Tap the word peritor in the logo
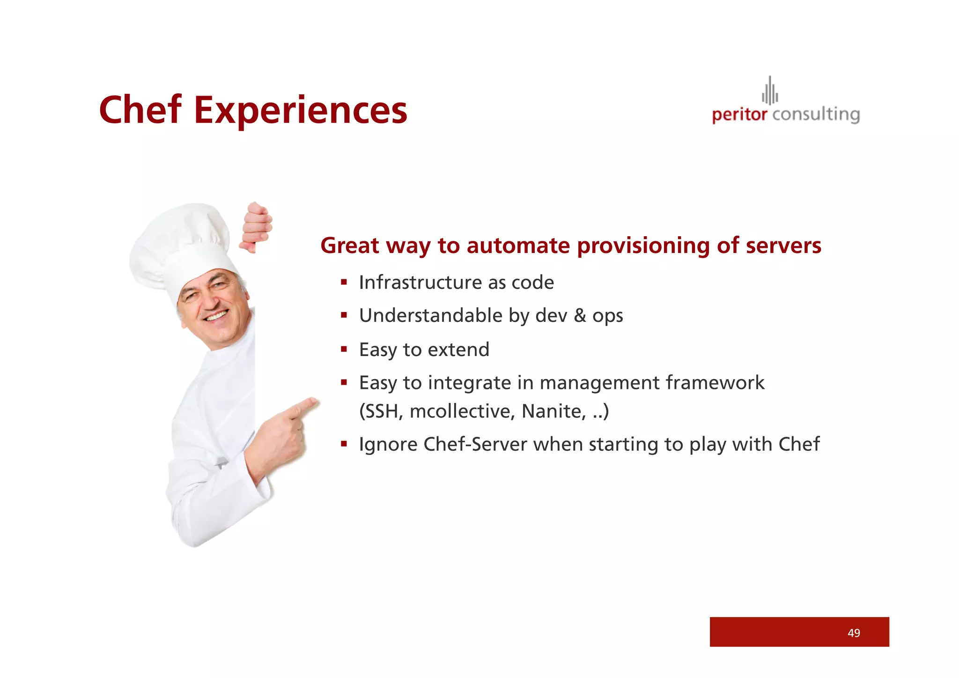coord(739,115)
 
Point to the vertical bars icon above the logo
coord(770,91)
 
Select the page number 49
coord(854,633)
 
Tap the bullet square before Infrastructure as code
coord(344,282)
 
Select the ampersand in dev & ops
coord(580,315)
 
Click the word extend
coord(458,350)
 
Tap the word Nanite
coord(553,411)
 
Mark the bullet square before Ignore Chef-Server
coord(344,444)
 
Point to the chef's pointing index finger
coord(304,406)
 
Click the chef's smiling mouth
coord(217,317)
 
